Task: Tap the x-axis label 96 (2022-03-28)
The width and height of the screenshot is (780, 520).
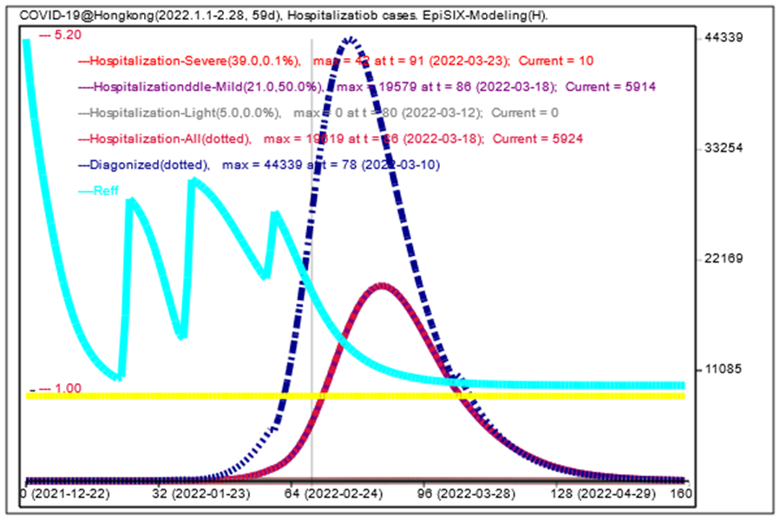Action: [461, 494]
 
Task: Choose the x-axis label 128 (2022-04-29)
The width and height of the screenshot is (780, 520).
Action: [600, 494]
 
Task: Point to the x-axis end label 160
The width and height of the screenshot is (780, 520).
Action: [681, 494]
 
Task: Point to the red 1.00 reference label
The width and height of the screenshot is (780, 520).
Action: [66, 388]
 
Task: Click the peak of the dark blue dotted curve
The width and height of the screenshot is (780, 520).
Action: [350, 39]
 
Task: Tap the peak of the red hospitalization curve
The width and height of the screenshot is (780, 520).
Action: [383, 284]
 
